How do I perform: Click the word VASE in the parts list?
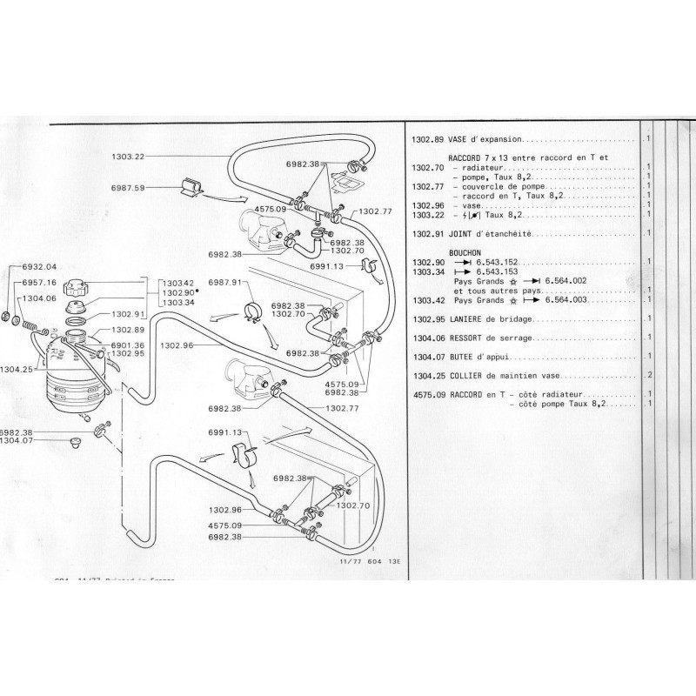[459, 138]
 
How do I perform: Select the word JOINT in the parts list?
[461, 235]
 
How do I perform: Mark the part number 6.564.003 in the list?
[568, 300]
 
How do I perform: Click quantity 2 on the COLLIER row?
[649, 375]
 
